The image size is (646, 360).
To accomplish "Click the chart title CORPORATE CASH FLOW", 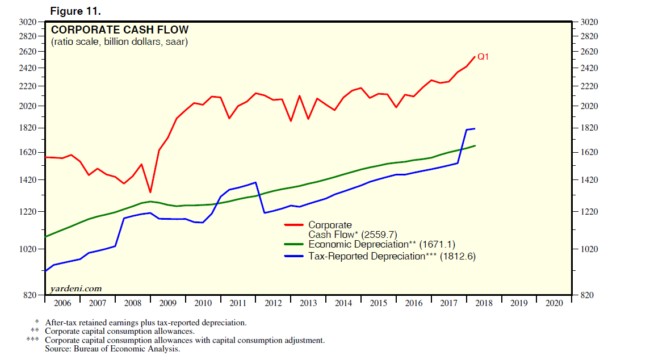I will point(120,30).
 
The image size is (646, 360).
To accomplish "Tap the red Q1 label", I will point(483,57).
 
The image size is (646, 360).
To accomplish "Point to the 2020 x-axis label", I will point(553,303).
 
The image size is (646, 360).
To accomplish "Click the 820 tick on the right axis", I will point(589,295).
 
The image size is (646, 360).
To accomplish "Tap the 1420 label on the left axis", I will point(28,180).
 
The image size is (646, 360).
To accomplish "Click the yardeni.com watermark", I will point(77,288).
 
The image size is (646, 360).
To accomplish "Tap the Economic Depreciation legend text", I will point(358,245).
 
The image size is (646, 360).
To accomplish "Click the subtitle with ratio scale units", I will point(119,42).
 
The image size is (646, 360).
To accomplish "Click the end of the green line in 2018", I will point(475,146).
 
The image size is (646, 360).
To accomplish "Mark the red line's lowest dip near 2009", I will point(150,192).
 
